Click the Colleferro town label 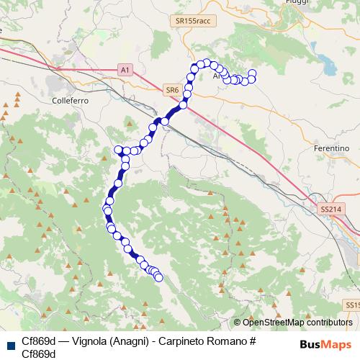[x=70, y=102]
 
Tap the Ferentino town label [x=332, y=148]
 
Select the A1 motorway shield [x=125, y=70]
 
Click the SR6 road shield [x=171, y=90]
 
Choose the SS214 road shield [x=329, y=210]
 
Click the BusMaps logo [x=325, y=343]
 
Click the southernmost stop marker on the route [x=158, y=277]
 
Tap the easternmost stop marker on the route [x=253, y=73]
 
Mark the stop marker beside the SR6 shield [x=183, y=104]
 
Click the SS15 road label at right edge [x=352, y=305]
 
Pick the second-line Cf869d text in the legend [x=39, y=354]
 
